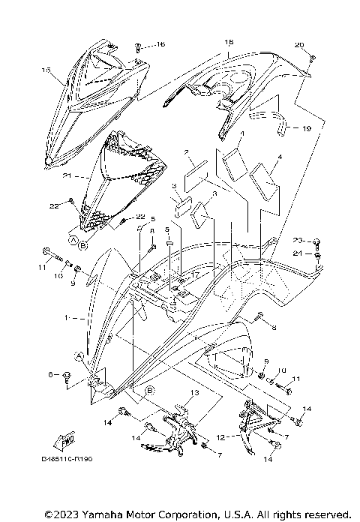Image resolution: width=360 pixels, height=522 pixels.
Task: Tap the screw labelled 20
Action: (x=313, y=58)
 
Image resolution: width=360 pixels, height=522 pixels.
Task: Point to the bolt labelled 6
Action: (x=68, y=375)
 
